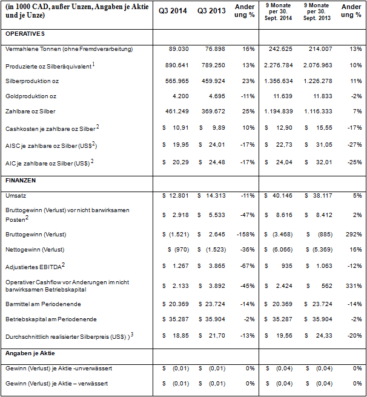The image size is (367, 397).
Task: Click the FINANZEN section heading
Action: [20, 181]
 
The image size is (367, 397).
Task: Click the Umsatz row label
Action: [14, 196]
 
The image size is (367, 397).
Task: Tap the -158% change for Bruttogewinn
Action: [246, 234]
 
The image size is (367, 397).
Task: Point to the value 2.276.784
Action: [279, 65]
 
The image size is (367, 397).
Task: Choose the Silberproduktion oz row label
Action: [33, 81]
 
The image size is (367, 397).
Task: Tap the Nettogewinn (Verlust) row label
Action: [35, 250]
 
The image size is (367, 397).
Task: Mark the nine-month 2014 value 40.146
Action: [283, 196]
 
